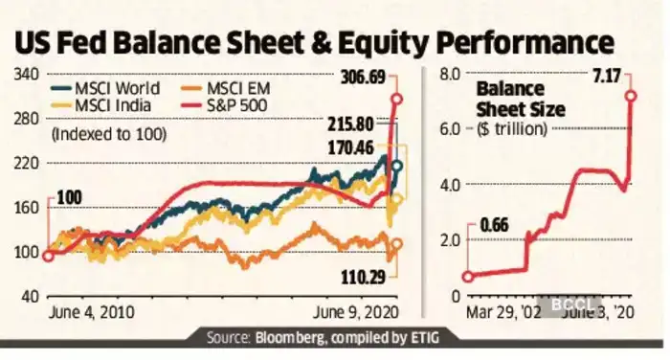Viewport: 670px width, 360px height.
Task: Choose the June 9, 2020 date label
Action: click(x=358, y=312)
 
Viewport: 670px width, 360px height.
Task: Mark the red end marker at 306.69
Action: click(x=394, y=98)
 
